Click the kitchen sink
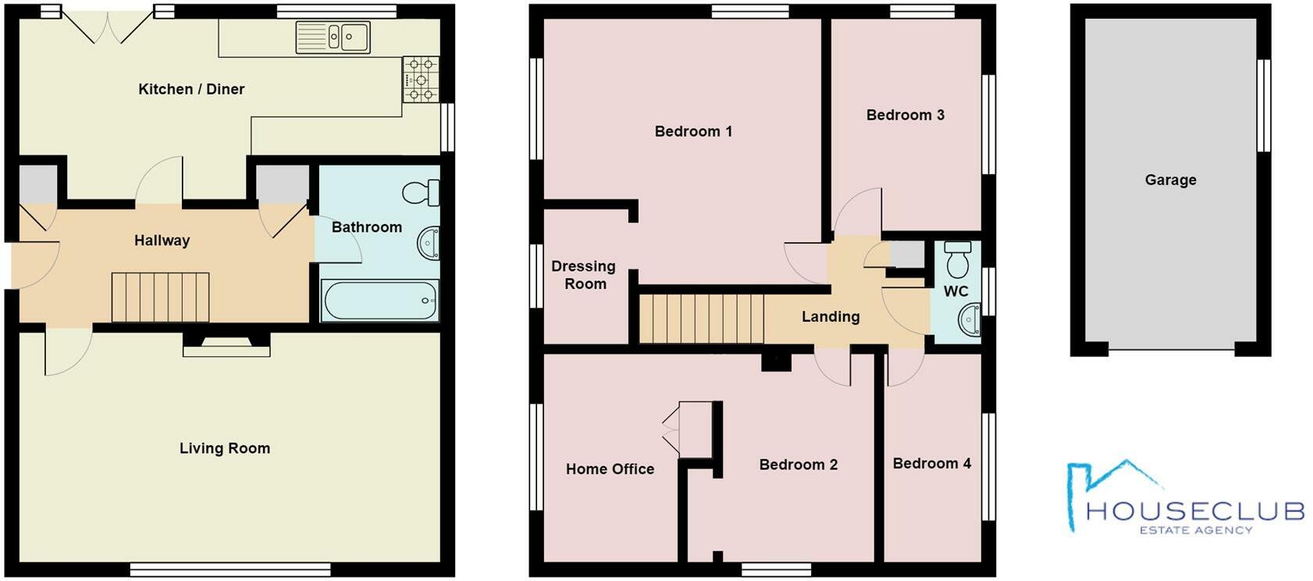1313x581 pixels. (333, 37)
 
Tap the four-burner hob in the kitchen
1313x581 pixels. (421, 79)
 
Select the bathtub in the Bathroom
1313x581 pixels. (380, 301)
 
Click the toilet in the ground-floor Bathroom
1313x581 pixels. (422, 193)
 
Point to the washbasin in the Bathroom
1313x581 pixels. (429, 243)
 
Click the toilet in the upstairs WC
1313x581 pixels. (957, 260)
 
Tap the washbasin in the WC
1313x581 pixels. (970, 320)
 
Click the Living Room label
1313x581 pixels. (225, 448)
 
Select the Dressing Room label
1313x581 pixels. (584, 275)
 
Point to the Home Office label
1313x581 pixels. (610, 469)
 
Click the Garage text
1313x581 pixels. (1170, 180)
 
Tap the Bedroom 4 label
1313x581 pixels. (931, 463)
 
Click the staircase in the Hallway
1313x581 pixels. (160, 297)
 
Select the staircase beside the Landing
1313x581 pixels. (700, 318)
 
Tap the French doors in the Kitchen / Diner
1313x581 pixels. (109, 27)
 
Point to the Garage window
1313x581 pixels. (1262, 105)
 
